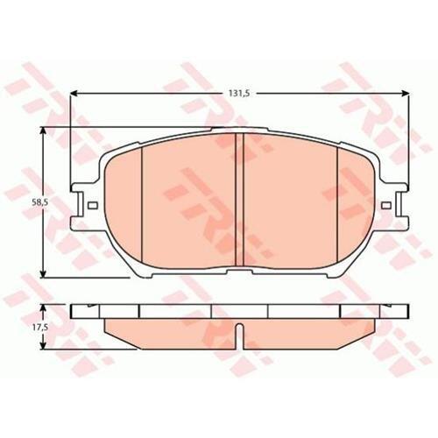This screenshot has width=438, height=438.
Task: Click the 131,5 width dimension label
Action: click(x=238, y=94)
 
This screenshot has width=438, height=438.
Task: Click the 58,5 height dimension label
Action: click(x=37, y=201)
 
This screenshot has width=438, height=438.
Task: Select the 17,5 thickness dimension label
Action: click(x=37, y=327)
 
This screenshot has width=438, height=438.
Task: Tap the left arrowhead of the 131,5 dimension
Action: click(x=74, y=94)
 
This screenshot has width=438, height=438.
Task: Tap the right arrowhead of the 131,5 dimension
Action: click(x=406, y=94)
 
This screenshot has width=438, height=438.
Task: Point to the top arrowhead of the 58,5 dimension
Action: click(x=43, y=131)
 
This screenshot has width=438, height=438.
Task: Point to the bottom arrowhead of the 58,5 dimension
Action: click(x=43, y=274)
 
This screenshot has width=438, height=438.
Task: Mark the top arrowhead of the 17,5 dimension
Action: click(x=43, y=307)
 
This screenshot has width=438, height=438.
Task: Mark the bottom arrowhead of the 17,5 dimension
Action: click(x=43, y=345)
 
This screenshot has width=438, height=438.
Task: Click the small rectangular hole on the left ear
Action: click(x=93, y=206)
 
